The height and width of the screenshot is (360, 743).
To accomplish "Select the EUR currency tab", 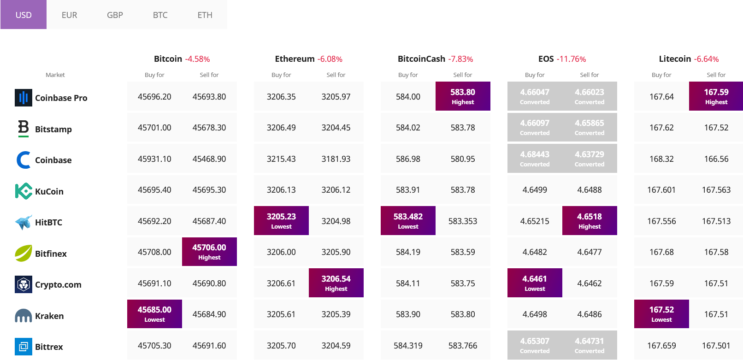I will [69, 15].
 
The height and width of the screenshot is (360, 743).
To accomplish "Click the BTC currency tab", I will [160, 15].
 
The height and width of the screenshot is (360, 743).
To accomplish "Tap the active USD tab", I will [24, 15].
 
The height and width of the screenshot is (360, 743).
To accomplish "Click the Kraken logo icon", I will [23, 316].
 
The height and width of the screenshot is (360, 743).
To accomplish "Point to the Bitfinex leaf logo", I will [23, 253].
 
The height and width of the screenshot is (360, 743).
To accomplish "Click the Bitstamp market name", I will [53, 129].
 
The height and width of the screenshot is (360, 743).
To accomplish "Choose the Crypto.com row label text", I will [58, 284].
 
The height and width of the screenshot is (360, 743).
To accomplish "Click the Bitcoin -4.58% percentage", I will [197, 59].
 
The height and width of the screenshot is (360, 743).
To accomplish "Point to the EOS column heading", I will [546, 59].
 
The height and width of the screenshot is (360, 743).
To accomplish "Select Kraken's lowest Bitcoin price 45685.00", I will [154, 314].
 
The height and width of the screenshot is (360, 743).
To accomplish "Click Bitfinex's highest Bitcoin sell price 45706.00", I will [209, 252].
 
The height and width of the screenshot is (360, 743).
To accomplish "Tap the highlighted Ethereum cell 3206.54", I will [336, 283].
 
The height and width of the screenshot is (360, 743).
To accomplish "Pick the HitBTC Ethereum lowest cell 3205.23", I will [281, 220].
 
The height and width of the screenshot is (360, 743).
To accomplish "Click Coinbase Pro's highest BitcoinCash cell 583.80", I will [463, 96].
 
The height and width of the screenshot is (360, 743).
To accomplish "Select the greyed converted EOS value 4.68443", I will [535, 158].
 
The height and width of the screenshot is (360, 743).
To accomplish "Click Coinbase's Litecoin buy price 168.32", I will [661, 159].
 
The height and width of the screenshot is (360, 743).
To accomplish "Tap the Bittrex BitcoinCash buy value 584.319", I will [408, 345].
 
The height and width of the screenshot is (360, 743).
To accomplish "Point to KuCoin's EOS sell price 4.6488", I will [590, 189].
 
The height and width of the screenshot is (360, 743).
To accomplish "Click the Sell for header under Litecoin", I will [716, 75].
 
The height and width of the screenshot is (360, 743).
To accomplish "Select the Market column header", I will [55, 75].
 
